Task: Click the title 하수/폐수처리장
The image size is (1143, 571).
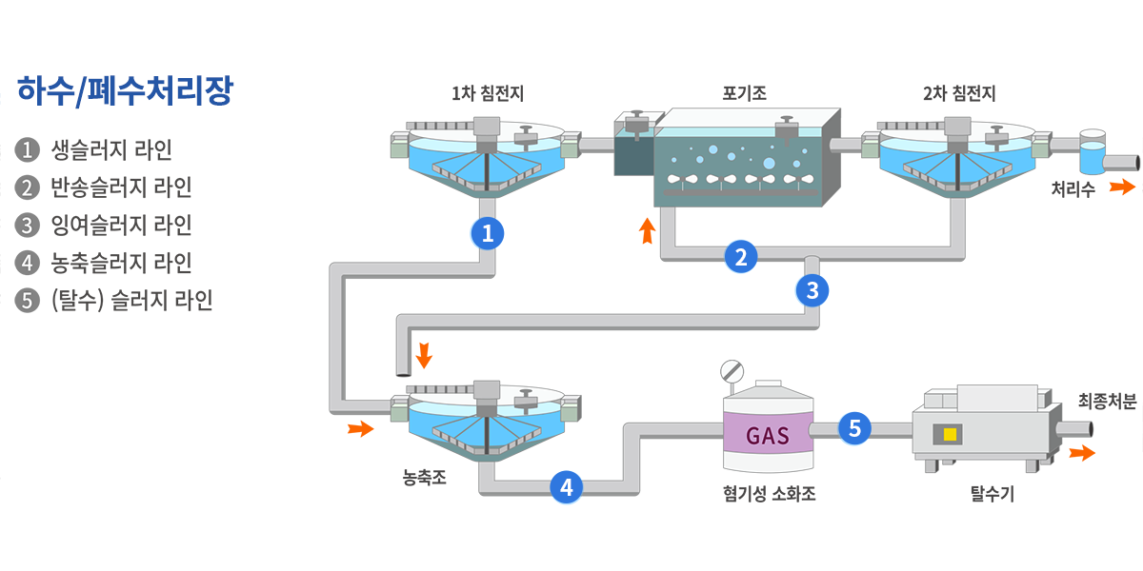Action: pyautogui.click(x=125, y=92)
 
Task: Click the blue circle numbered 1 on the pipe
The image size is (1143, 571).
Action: pyautogui.click(x=488, y=233)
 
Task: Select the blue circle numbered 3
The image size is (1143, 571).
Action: pyautogui.click(x=812, y=290)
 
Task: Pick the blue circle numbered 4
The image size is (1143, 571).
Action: pyautogui.click(x=567, y=488)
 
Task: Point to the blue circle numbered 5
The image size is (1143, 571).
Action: pyautogui.click(x=854, y=429)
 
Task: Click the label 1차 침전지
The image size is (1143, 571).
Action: pyautogui.click(x=487, y=93)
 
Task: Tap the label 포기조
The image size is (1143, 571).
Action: pyautogui.click(x=745, y=93)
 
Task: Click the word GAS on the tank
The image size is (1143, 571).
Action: pyautogui.click(x=767, y=436)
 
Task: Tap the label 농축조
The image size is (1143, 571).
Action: pyautogui.click(x=424, y=475)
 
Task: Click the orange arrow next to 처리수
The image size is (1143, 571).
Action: pyautogui.click(x=1121, y=187)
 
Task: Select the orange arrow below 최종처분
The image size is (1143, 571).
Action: pyautogui.click(x=1081, y=453)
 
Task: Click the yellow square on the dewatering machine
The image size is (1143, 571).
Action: pyautogui.click(x=950, y=435)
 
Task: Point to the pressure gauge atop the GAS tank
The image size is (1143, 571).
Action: pyautogui.click(x=732, y=369)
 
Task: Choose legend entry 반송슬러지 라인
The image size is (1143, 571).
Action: pyautogui.click(x=121, y=187)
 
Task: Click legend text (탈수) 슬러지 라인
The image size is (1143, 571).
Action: pyautogui.click(x=131, y=301)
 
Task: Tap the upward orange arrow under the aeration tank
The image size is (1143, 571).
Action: pyautogui.click(x=647, y=230)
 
